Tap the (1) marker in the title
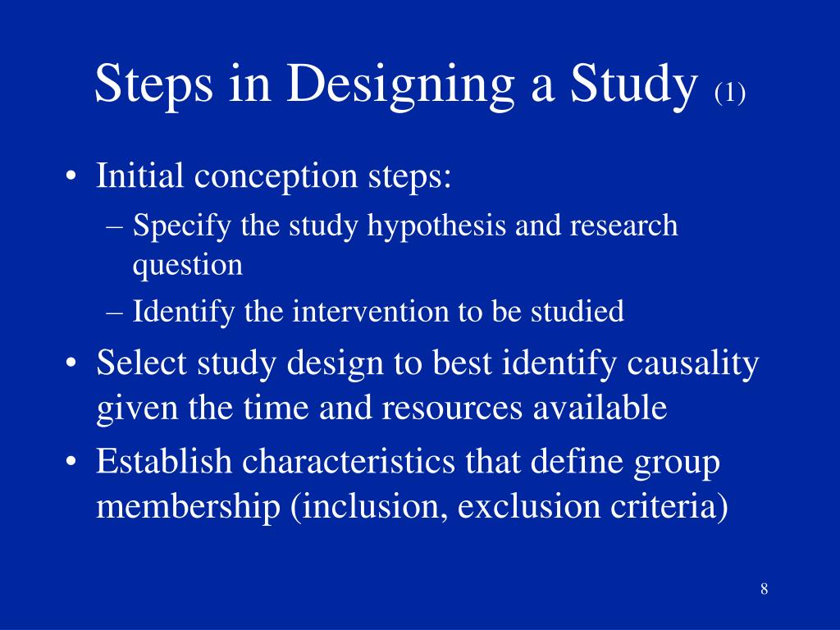(x=729, y=94)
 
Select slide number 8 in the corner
(x=764, y=589)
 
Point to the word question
(x=188, y=265)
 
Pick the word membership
(x=189, y=507)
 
